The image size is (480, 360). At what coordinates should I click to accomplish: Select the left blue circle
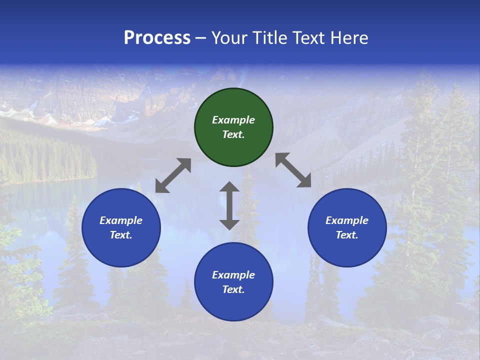click(x=121, y=227)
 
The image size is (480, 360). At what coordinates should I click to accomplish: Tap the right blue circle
click(x=347, y=227)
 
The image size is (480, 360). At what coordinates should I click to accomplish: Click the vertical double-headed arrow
click(x=229, y=205)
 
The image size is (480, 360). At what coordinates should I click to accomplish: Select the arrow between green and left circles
click(x=173, y=175)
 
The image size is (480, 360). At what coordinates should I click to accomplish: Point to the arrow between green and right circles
click(x=293, y=170)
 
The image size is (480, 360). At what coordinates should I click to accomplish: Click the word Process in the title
click(x=157, y=38)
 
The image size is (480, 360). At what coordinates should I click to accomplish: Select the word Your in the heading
click(x=230, y=38)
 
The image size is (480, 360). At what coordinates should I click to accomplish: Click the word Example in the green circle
click(x=233, y=120)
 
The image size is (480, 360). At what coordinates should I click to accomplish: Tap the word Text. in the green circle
click(x=233, y=134)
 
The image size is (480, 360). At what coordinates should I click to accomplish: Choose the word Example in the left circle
click(x=121, y=220)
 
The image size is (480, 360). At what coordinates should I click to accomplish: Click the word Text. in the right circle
click(x=347, y=235)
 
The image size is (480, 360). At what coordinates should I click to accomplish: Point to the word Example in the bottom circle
click(x=233, y=275)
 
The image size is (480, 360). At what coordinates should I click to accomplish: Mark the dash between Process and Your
click(x=201, y=38)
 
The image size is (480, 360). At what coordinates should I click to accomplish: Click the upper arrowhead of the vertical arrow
click(x=229, y=187)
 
